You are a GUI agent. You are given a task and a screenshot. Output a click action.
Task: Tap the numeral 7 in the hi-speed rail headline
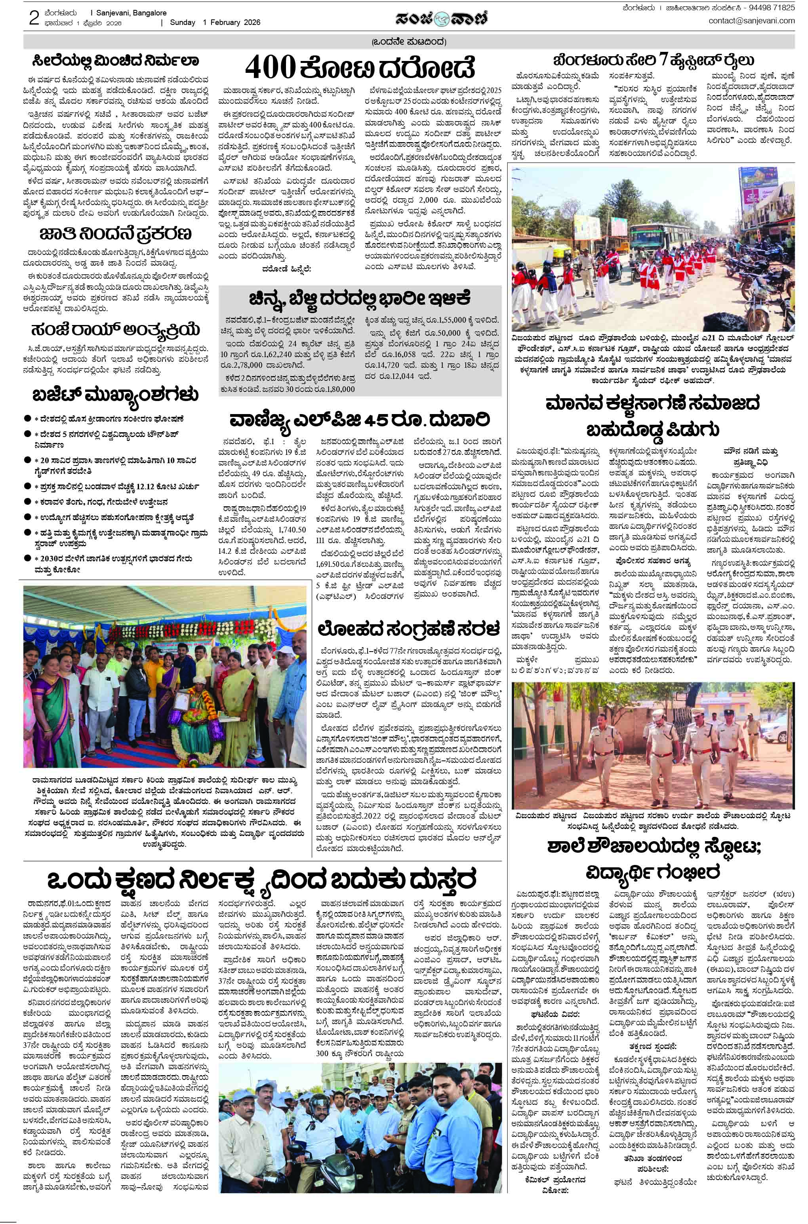(x=668, y=59)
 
